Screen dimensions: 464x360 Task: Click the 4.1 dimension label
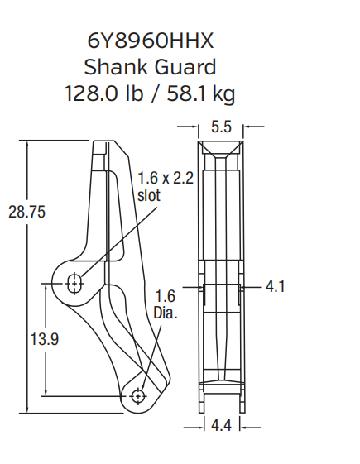[276, 287]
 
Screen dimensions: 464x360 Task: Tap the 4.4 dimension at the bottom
[220, 426]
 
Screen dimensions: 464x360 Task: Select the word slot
[150, 195]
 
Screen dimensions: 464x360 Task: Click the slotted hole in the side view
[75, 283]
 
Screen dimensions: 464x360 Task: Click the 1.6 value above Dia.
[166, 296]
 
